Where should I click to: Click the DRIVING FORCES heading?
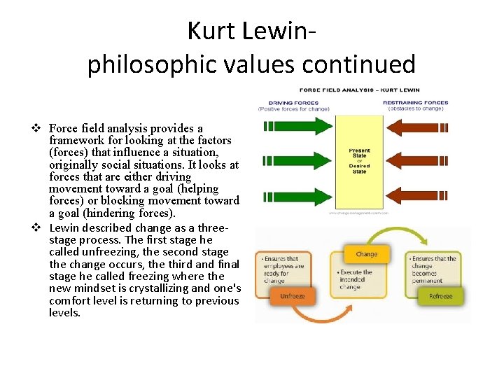(294, 103)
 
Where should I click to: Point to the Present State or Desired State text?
(359, 161)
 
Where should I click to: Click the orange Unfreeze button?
(292, 296)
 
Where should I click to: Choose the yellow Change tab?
(366, 254)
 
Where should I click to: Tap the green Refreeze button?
(440, 296)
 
